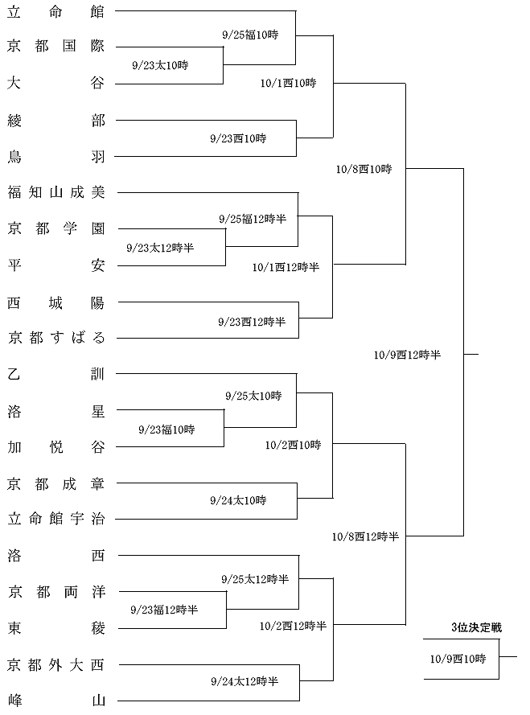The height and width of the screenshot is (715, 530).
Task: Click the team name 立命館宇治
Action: point(56,519)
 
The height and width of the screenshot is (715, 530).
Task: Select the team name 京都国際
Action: point(56,46)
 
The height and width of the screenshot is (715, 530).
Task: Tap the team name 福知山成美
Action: point(56,192)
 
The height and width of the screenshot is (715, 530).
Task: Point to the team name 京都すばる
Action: point(56,338)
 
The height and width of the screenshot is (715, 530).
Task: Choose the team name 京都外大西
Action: point(56,665)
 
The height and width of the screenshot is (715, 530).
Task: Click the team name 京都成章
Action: point(56,483)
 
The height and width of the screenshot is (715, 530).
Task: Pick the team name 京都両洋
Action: point(56,592)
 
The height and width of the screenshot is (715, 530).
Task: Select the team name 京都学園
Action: point(56,228)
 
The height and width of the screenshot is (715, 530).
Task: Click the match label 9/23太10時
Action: point(160,65)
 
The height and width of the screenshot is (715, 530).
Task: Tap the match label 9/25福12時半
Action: point(253,219)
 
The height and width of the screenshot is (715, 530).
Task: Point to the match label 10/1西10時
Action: point(288,83)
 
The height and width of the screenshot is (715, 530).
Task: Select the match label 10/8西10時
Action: point(364,169)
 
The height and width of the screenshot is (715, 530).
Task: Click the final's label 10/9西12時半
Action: point(407,355)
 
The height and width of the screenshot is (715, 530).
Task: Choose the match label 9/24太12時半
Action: point(244,681)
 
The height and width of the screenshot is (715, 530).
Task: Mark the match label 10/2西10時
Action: point(294,445)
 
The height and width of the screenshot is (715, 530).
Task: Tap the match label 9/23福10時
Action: point(166,429)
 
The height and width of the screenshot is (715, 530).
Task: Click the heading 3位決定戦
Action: point(477,627)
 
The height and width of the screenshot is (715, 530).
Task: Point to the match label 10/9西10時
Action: point(458,659)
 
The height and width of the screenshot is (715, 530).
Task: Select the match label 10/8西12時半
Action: point(365,536)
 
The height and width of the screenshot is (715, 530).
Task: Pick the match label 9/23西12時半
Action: point(252,322)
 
